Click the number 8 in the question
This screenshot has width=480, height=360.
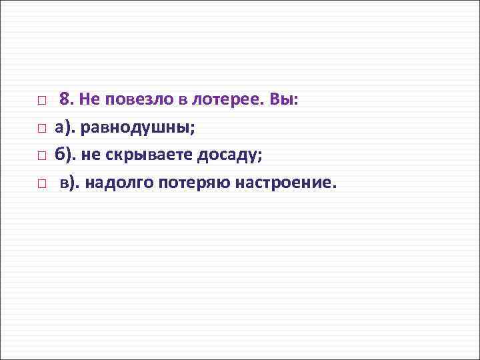click(x=65, y=99)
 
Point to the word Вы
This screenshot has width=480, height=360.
click(x=285, y=99)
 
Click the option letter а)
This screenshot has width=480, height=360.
click(x=65, y=127)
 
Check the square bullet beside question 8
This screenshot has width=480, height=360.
click(x=41, y=101)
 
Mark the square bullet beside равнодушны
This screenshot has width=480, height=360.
click(x=41, y=128)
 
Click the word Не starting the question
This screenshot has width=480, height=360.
click(x=87, y=99)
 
